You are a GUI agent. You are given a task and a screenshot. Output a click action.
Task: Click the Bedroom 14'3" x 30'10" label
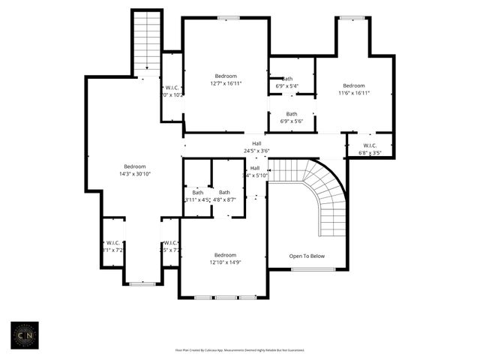[135, 170]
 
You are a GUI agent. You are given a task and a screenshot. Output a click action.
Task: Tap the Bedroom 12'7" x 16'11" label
[226, 80]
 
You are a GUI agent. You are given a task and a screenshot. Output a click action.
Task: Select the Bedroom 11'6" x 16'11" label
[353, 89]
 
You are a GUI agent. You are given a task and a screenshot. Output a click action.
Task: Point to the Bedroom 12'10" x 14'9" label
[225, 259]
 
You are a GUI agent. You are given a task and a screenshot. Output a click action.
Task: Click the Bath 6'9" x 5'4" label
[288, 82]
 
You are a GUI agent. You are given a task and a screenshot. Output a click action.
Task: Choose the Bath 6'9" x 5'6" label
[291, 118]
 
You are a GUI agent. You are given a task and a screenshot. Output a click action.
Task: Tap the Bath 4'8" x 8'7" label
[223, 196]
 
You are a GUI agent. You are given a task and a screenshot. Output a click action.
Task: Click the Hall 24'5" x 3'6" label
[256, 147]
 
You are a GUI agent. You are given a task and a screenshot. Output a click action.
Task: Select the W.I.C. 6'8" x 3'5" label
[370, 148]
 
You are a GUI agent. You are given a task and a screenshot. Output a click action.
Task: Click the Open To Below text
[307, 256]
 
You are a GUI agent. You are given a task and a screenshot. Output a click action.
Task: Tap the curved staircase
[322, 199]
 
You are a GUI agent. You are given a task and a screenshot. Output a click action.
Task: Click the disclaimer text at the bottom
[239, 350]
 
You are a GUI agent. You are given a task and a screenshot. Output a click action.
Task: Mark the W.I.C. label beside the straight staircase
[172, 91]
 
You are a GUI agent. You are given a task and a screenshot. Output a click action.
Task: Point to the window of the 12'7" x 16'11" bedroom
[228, 18]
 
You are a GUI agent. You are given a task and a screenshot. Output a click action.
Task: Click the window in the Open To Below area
[307, 269]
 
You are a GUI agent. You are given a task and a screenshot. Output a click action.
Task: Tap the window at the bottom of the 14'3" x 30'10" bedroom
[142, 283]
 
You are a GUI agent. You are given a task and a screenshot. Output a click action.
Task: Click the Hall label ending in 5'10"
[255, 172]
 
